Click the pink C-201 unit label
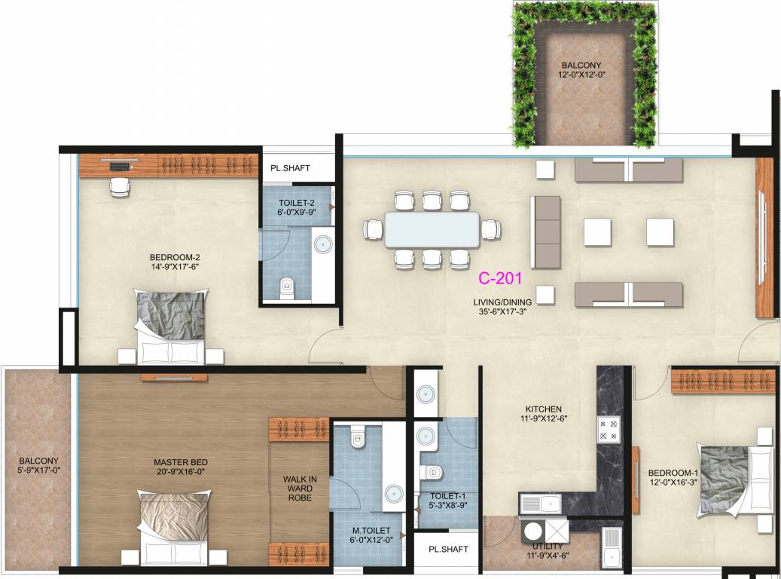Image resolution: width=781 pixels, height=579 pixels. (x=500, y=278)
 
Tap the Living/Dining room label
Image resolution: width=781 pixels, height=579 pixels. (x=502, y=307)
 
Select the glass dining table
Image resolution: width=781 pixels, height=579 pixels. (x=432, y=230)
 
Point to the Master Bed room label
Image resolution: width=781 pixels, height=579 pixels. (x=181, y=467)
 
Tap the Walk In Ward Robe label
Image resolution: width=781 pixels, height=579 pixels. (x=300, y=489)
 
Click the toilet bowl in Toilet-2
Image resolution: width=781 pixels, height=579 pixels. (x=287, y=288)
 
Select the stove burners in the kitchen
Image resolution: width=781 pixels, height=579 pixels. (x=609, y=430)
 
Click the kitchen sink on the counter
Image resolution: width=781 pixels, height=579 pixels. (x=541, y=503)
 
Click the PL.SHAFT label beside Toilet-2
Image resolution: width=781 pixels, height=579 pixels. (x=290, y=168)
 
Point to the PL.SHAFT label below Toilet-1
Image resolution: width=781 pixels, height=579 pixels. (x=448, y=549)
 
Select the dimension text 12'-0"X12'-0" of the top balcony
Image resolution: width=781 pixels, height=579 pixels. (x=581, y=75)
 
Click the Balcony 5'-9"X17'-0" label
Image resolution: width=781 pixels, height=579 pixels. (x=39, y=465)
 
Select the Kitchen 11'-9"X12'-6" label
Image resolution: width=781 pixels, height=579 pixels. (x=544, y=414)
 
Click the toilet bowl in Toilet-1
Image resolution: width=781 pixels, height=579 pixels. (x=432, y=472)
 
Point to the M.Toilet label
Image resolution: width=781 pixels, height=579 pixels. (x=371, y=535)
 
